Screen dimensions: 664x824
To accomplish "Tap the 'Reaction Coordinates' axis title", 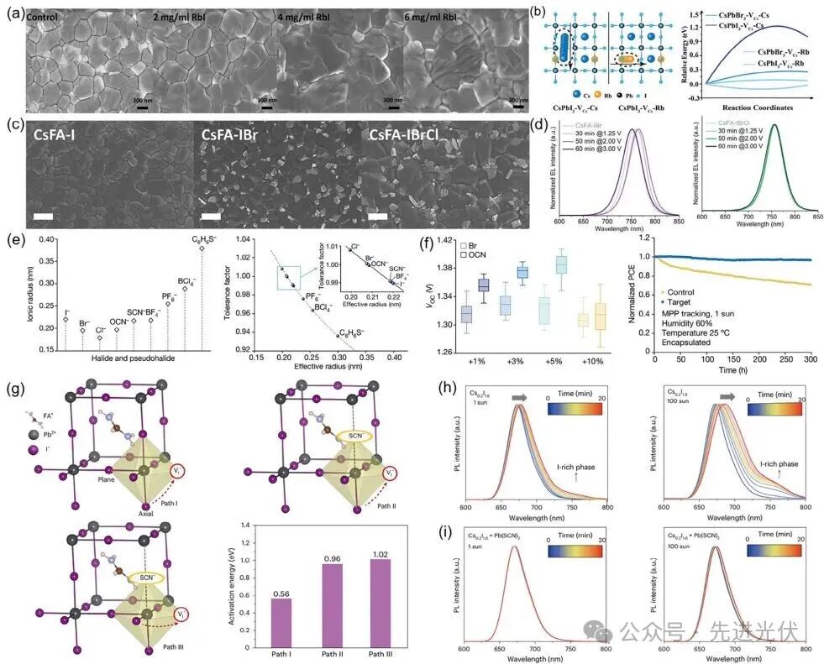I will point(762,107).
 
